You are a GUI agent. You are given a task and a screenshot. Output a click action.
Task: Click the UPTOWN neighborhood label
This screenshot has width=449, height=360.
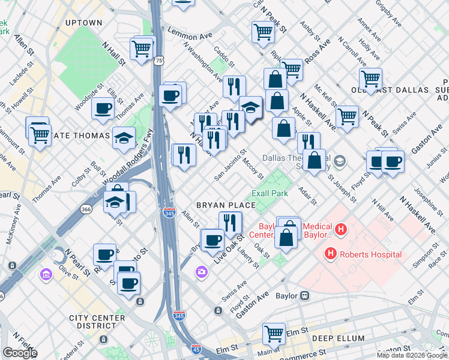(84, 23)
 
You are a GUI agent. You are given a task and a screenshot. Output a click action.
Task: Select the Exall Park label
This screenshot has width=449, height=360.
(270, 193)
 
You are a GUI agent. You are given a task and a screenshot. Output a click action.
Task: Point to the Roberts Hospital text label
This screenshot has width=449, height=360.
(370, 254)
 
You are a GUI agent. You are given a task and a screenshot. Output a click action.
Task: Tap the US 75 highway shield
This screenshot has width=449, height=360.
(158, 61)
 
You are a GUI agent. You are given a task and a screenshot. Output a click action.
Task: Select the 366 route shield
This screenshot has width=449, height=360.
(86, 209)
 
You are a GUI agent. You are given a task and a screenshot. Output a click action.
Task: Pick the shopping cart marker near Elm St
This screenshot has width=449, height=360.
(274, 333)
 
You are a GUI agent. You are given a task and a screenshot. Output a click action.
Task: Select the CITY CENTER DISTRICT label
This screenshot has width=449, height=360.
(97, 322)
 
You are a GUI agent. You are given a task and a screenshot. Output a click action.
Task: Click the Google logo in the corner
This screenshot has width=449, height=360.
(20, 353)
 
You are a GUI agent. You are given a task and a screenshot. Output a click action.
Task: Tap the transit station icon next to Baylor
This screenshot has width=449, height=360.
(304, 295)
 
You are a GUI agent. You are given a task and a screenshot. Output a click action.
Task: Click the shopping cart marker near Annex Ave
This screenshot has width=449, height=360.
(370, 79)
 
